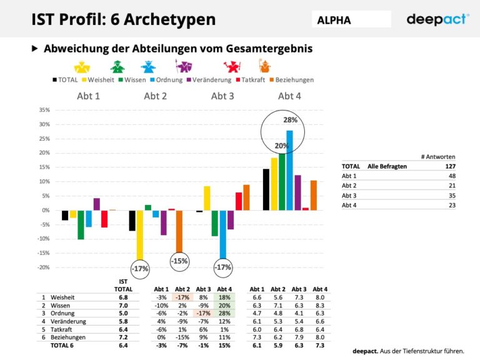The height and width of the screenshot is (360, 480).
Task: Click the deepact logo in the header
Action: tap(437, 19)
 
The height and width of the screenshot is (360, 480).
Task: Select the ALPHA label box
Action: tap(351, 19)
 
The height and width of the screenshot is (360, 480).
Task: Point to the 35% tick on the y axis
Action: tap(44, 110)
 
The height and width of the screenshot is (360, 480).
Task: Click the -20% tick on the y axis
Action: tap(43, 267)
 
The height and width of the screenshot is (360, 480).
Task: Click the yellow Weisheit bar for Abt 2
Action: tap(140, 234)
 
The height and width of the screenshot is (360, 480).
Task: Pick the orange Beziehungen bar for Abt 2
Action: tap(179, 231)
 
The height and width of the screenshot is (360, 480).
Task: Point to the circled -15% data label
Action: tap(180, 261)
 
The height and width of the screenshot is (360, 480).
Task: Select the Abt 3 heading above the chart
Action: tap(222, 96)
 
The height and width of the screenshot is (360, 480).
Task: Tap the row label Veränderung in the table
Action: tap(68, 321)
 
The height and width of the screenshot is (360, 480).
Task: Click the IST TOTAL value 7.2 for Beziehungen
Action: tap(123, 336)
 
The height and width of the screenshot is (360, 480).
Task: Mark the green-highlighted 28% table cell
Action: tap(222, 313)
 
